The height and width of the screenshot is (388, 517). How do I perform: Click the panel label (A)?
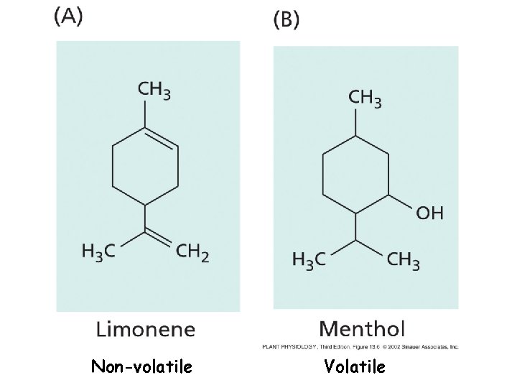click(68, 18)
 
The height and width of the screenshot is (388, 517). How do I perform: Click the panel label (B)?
click(287, 19)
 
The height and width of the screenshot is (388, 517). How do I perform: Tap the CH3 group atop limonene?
click(154, 91)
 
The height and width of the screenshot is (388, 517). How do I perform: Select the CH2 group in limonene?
click(192, 252)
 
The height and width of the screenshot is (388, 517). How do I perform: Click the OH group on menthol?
click(429, 212)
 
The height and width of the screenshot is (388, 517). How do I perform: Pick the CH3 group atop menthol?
click(365, 98)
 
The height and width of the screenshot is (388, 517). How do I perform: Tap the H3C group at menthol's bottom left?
click(309, 259)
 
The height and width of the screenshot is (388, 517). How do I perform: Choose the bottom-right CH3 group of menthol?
click(404, 259)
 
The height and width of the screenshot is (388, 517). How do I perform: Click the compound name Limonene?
click(145, 329)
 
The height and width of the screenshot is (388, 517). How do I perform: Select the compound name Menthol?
click(362, 329)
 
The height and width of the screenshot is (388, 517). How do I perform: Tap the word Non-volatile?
click(141, 367)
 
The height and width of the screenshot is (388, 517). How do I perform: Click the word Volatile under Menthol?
click(355, 367)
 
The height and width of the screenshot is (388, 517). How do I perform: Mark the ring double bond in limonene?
click(163, 139)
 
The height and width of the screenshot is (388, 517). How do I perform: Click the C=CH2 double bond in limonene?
click(160, 235)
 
